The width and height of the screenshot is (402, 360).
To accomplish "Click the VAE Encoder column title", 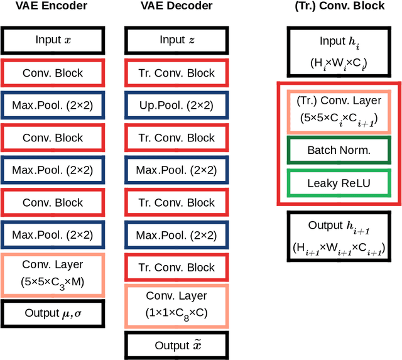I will pyautogui.click(x=52, y=6).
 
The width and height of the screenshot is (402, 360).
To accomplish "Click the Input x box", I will pyautogui.click(x=52, y=40).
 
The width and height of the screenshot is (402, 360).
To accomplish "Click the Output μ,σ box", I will pyautogui.click(x=52, y=313).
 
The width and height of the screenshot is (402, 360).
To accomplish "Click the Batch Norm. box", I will pyautogui.click(x=339, y=150).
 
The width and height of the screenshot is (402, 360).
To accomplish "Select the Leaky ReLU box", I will pyautogui.click(x=339, y=183).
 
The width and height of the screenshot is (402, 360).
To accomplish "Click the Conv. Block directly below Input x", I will pyautogui.click(x=52, y=73).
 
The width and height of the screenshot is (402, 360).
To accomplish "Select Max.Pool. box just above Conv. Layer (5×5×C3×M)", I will pyautogui.click(x=52, y=235).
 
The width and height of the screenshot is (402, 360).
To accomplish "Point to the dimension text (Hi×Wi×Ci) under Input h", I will pyautogui.click(x=339, y=63).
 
